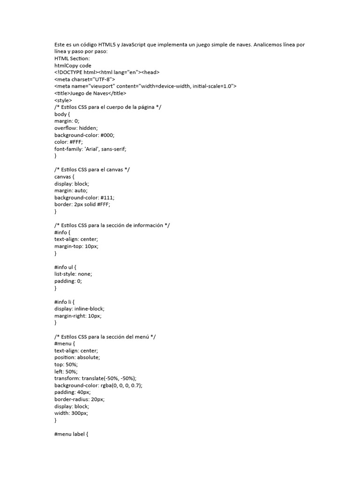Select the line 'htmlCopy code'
click(x=73, y=66)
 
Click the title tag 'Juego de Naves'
click(x=90, y=93)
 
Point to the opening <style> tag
click(x=63, y=100)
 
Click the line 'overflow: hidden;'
click(x=76, y=128)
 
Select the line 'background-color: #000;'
click(x=84, y=135)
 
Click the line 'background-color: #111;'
click(x=84, y=197)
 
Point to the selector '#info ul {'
click(x=65, y=267)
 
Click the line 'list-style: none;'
click(x=73, y=274)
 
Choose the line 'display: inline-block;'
click(x=79, y=308)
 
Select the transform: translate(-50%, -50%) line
click(x=102, y=378)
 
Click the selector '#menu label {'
click(x=71, y=434)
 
